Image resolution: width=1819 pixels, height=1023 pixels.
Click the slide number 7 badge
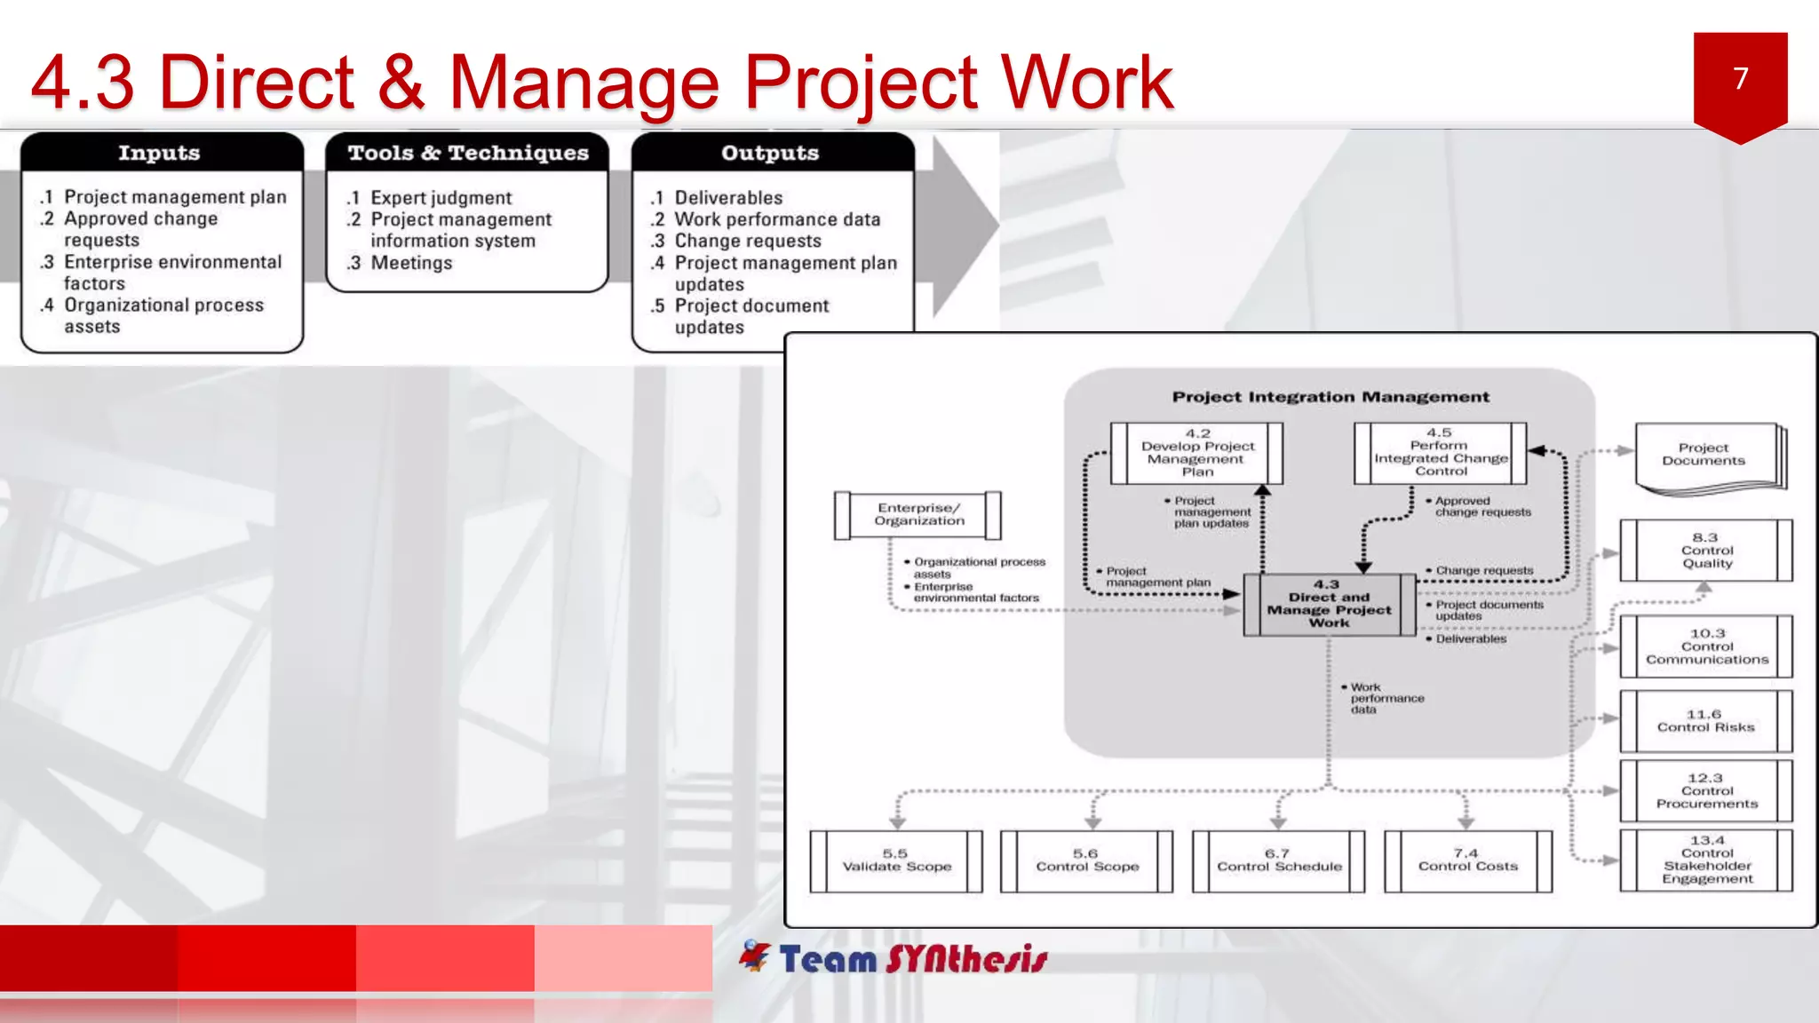(1740, 80)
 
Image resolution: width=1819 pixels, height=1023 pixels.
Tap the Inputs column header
(160, 153)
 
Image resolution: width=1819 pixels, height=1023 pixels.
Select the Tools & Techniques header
(468, 153)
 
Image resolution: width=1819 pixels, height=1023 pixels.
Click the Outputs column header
(770, 153)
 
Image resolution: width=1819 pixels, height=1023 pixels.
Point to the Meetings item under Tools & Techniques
(410, 263)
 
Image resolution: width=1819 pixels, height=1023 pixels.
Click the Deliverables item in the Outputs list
(727, 198)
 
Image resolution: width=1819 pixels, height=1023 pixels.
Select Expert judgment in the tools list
(441, 198)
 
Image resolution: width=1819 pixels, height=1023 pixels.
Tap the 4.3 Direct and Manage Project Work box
(1329, 604)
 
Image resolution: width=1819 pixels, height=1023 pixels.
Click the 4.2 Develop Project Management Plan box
(1196, 453)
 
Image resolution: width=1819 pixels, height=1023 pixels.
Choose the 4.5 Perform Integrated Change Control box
(1440, 453)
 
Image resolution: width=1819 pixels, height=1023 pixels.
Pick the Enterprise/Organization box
(918, 515)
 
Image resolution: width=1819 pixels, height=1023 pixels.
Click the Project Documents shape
(1704, 455)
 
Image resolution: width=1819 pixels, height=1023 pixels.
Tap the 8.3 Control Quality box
(1706, 551)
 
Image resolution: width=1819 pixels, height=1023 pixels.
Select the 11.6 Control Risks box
(1705, 721)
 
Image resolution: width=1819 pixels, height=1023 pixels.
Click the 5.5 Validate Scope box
(896, 860)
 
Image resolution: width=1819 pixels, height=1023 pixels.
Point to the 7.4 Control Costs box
(1467, 860)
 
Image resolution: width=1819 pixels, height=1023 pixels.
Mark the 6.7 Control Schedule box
(1278, 860)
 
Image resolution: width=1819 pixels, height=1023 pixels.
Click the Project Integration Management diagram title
(1330, 397)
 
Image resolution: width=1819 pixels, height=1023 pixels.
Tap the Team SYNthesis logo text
(912, 959)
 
